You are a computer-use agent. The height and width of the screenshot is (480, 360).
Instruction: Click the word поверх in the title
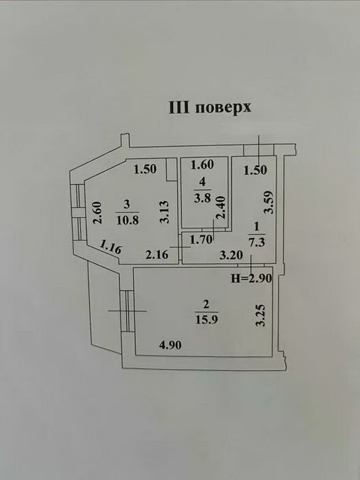tap(223, 108)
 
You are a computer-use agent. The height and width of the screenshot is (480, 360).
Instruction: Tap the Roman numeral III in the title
tap(180, 108)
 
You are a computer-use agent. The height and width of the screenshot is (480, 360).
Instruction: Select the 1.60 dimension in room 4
tap(202, 165)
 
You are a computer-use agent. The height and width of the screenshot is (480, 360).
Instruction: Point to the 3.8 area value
tap(202, 198)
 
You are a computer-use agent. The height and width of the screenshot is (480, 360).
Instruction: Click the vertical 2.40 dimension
tap(220, 207)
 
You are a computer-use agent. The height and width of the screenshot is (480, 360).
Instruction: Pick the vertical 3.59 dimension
tap(268, 203)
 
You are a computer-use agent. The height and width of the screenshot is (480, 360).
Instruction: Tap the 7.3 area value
tap(257, 242)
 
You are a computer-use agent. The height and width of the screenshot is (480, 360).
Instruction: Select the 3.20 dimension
tap(231, 255)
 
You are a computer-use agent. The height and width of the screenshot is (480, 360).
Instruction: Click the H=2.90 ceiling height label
tap(251, 278)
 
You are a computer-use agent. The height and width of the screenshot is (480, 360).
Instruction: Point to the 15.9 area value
tap(206, 319)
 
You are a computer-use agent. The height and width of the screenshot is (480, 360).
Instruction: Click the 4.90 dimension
tap(170, 345)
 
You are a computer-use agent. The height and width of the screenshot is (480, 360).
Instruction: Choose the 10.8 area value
tap(128, 220)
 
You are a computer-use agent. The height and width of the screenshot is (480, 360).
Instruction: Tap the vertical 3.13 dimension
tap(165, 212)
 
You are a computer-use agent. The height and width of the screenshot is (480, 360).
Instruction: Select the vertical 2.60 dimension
tap(97, 213)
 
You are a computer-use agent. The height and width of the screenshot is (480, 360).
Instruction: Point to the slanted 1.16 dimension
tap(110, 247)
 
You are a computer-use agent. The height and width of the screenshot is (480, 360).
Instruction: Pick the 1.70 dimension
tap(201, 240)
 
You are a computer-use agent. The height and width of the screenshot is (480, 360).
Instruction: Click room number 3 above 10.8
tap(127, 204)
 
